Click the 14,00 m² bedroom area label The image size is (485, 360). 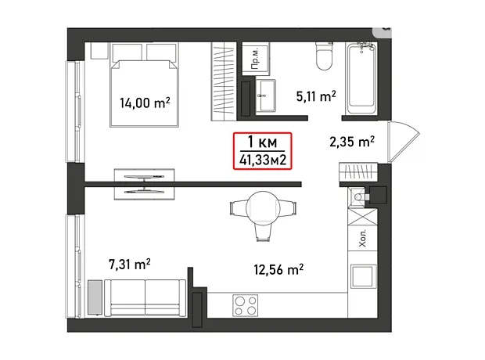tap(145, 103)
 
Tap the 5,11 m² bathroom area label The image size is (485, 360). tap(316, 96)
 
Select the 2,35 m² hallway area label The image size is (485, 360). tap(352, 142)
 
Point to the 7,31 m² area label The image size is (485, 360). tap(130, 265)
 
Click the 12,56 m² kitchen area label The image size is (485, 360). tap(278, 269)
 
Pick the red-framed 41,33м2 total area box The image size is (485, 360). tap(262, 151)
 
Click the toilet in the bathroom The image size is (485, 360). tap(324, 56)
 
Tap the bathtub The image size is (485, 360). tap(361, 78)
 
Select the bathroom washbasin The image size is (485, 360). tap(266, 95)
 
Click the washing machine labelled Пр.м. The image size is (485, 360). tap(256, 59)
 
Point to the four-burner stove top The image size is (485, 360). tap(245, 305)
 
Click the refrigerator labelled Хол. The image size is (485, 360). tap(362, 238)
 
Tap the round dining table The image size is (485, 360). tap(263, 208)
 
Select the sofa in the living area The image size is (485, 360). tap(145, 298)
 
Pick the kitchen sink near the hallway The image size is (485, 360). tap(357, 197)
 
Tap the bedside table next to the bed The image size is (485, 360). tap(99, 50)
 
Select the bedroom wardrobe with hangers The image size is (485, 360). tap(224, 81)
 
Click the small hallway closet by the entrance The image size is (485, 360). tap(358, 171)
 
